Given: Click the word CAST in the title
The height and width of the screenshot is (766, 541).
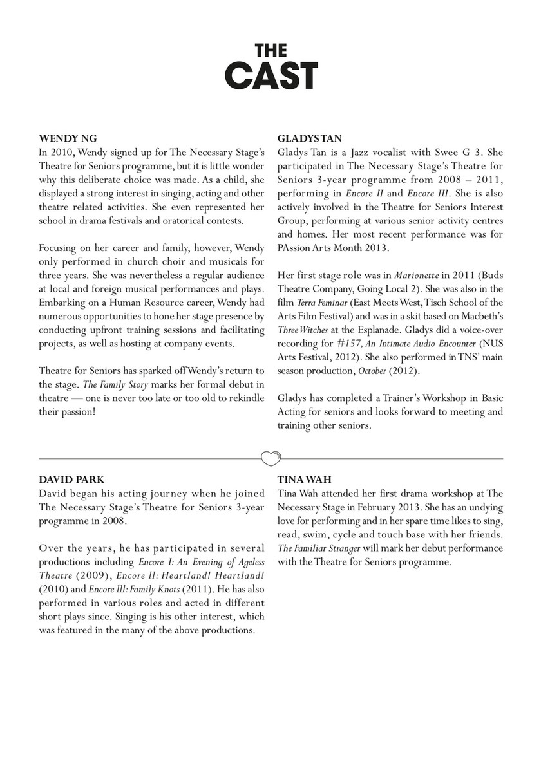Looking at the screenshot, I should pos(270,75).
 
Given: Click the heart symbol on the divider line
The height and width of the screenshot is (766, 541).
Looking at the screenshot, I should pos(270,458).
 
